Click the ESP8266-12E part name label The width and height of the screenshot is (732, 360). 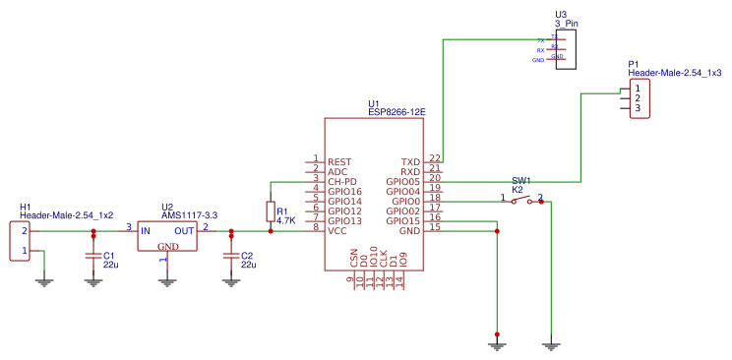point(396,113)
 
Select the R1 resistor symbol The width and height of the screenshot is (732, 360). point(271,211)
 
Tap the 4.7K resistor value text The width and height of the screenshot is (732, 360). point(286,221)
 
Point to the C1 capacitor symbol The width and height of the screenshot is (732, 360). point(93,258)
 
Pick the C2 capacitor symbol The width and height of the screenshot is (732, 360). point(231,258)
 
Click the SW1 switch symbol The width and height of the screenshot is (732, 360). point(522,201)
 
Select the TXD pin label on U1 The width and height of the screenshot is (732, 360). point(410,162)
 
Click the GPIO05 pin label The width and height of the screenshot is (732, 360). point(403,182)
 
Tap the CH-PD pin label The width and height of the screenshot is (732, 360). point(341,182)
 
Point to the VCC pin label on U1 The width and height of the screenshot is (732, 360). point(337,231)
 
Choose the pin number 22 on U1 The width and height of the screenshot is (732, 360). point(435,158)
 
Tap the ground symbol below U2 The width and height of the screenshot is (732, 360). point(167,280)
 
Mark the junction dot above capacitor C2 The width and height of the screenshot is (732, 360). point(231,232)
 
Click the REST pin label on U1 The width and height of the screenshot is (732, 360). point(339,162)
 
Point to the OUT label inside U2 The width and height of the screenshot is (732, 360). point(184,231)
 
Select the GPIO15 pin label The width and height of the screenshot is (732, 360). point(403,221)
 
